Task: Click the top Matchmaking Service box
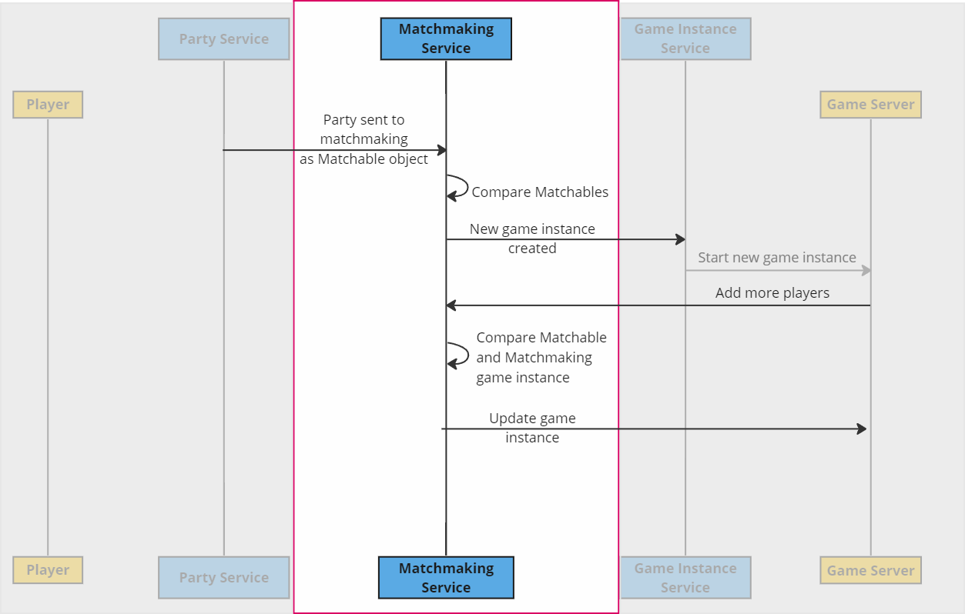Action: click(x=446, y=38)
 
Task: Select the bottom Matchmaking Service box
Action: click(x=446, y=577)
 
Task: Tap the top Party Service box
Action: click(x=224, y=38)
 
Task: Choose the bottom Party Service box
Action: click(x=224, y=577)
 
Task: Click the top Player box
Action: click(x=48, y=105)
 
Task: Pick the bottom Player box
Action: click(x=48, y=570)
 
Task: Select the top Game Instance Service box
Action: click(x=685, y=38)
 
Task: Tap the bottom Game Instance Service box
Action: click(x=685, y=577)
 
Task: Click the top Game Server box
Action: click(x=870, y=105)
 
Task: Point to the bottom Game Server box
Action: click(x=870, y=570)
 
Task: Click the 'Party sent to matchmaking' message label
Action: click(x=364, y=139)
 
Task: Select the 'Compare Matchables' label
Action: click(x=540, y=192)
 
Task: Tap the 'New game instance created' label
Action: click(x=532, y=239)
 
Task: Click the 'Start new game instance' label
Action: click(x=776, y=258)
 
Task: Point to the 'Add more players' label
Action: click(x=772, y=293)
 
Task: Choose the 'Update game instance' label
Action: click(x=532, y=428)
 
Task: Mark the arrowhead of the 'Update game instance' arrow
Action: click(x=862, y=429)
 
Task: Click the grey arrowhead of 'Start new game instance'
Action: click(x=866, y=270)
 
